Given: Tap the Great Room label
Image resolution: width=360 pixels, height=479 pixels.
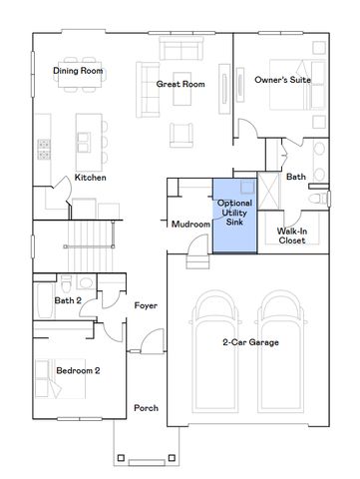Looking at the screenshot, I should [180, 85].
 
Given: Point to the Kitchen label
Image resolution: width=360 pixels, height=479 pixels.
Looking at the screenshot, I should [90, 178].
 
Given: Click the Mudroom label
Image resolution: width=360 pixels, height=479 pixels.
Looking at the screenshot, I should [189, 225].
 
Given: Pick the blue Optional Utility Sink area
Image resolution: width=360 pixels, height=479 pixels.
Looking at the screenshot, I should [233, 216].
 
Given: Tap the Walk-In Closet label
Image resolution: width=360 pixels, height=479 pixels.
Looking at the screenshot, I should [292, 236].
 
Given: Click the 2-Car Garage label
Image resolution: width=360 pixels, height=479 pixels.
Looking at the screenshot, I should [249, 342].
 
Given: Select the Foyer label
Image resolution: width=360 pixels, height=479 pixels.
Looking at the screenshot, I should [147, 304].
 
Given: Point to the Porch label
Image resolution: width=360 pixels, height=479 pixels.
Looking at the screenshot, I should [147, 409].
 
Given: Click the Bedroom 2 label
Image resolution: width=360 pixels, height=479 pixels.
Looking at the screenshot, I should [77, 370].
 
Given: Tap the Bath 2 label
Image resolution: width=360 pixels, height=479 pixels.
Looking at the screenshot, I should [67, 299].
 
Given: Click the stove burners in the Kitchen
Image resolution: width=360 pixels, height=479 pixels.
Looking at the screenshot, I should [47, 149].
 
